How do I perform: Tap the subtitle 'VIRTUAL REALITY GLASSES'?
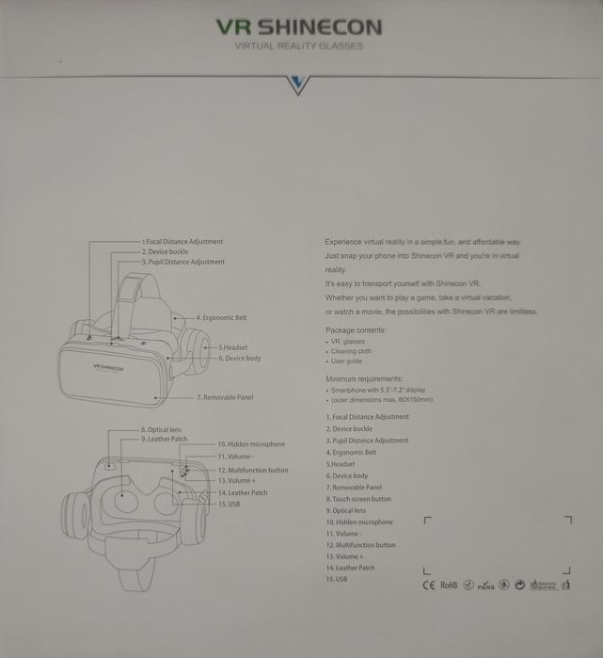[x=298, y=45]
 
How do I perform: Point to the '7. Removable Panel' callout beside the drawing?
[x=225, y=397]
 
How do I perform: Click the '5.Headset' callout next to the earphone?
[x=234, y=347]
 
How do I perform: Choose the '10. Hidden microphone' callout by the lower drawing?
[x=251, y=443]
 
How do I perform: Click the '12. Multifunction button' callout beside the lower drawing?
[x=253, y=470]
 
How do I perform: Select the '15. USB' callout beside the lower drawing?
[x=230, y=504]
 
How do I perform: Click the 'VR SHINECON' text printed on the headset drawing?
[x=108, y=368]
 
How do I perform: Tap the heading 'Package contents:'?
[x=356, y=330]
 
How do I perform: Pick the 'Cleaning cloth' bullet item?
[x=351, y=351]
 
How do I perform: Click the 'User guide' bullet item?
[x=346, y=361]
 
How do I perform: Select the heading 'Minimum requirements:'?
[x=363, y=377]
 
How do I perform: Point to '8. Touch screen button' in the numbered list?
[x=358, y=499]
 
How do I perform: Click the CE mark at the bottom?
[x=428, y=585]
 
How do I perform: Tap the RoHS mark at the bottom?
[x=449, y=585]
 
